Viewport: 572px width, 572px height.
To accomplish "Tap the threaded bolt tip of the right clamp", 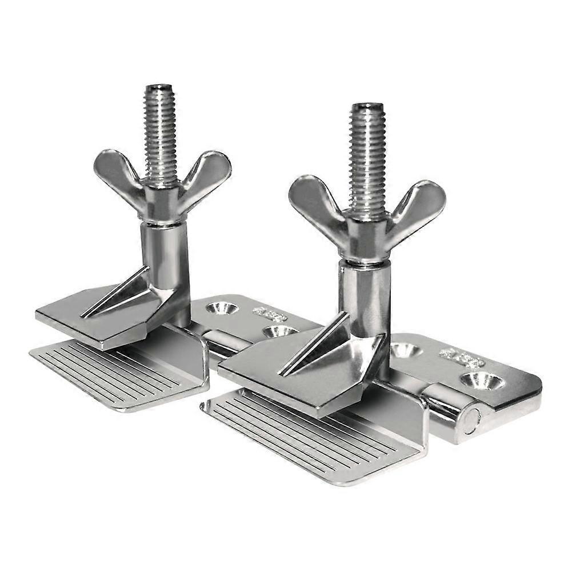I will coord(366,109).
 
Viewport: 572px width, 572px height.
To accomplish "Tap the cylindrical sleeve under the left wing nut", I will coord(166,251).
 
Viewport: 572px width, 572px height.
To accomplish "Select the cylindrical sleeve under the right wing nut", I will coord(364,291).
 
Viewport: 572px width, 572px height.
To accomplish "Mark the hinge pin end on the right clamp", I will coord(470,421).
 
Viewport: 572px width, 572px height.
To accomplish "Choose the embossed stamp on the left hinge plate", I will coord(270,313).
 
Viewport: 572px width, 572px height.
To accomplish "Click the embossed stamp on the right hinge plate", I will coord(461,358).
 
